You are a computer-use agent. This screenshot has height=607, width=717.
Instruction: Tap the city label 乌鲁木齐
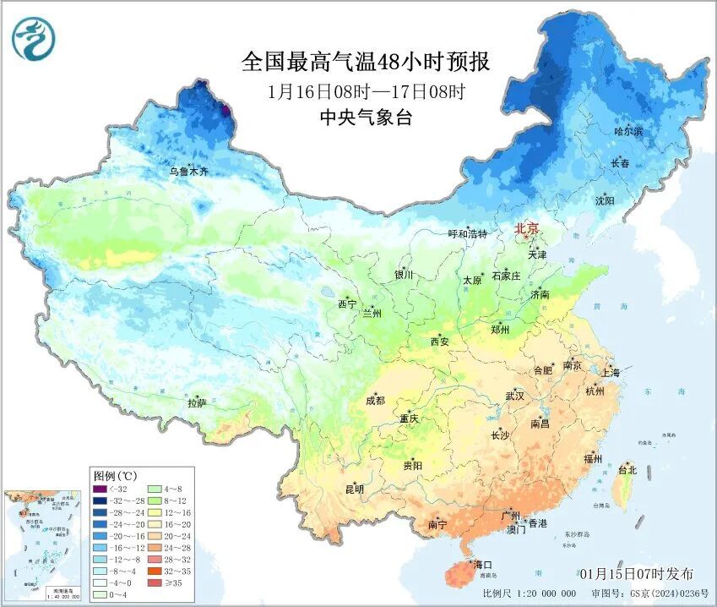[187, 172]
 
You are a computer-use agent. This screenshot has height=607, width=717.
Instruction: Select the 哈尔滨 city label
[627, 132]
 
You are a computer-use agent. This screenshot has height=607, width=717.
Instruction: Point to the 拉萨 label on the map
[197, 403]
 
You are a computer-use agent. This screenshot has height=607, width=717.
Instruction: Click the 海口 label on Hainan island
[482, 564]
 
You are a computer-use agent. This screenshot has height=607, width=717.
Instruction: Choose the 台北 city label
[627, 469]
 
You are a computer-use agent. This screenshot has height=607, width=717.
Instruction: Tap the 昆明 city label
[354, 489]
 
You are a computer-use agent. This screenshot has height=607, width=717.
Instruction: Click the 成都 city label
[376, 401]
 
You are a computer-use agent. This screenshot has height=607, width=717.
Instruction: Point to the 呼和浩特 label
[467, 233]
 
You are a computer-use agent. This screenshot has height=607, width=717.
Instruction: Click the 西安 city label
[440, 342]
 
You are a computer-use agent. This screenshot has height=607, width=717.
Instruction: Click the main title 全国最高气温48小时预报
[365, 62]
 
